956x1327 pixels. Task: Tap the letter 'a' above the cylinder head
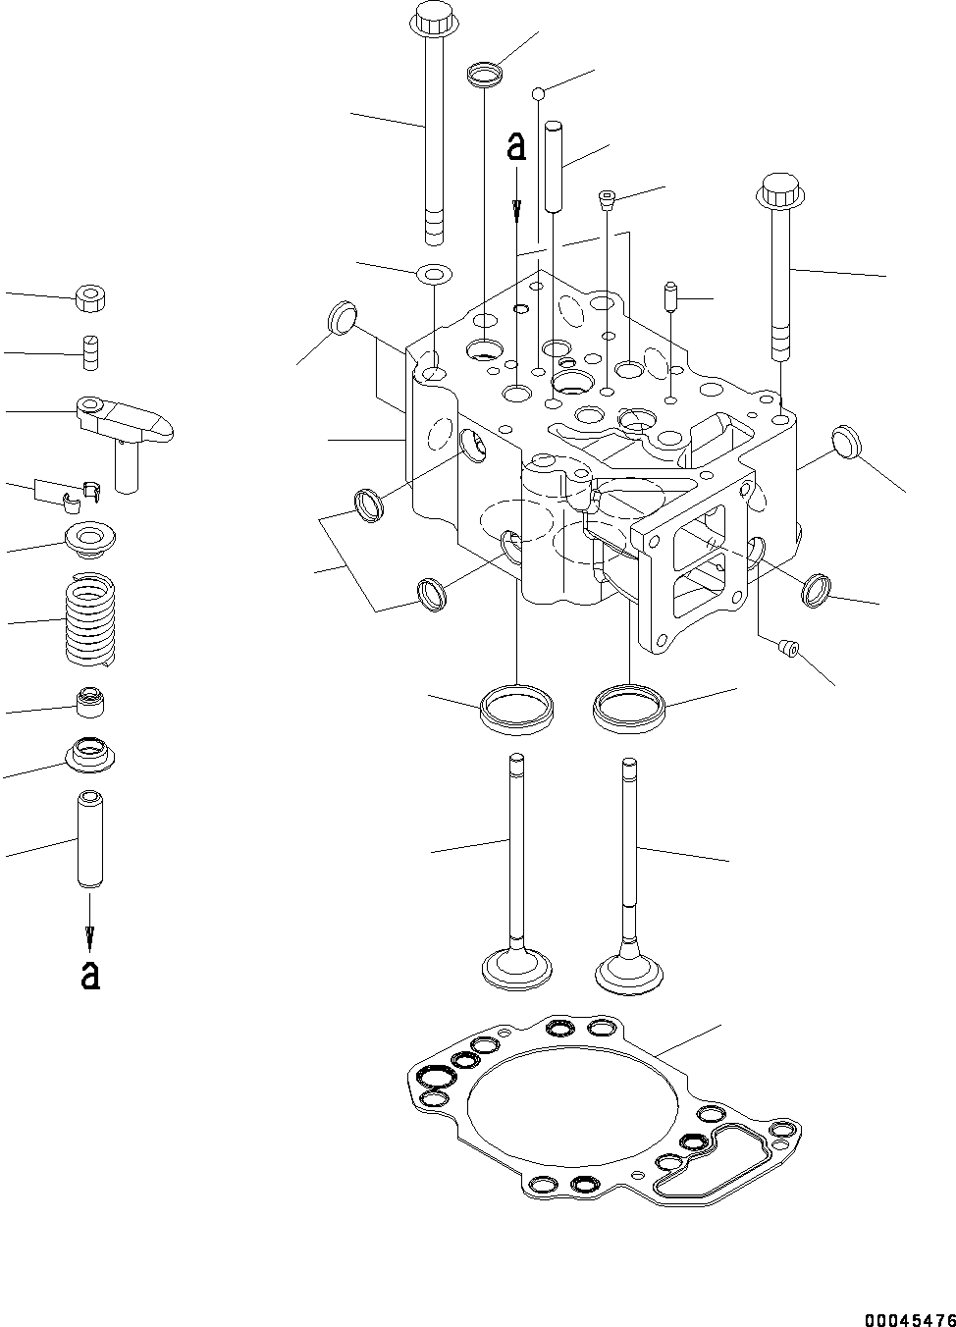516,146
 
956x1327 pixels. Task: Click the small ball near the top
538,93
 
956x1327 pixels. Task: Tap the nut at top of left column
91,298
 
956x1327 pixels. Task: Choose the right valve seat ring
629,707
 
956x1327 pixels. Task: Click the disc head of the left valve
514,966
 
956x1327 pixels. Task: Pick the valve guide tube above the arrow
90,840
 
